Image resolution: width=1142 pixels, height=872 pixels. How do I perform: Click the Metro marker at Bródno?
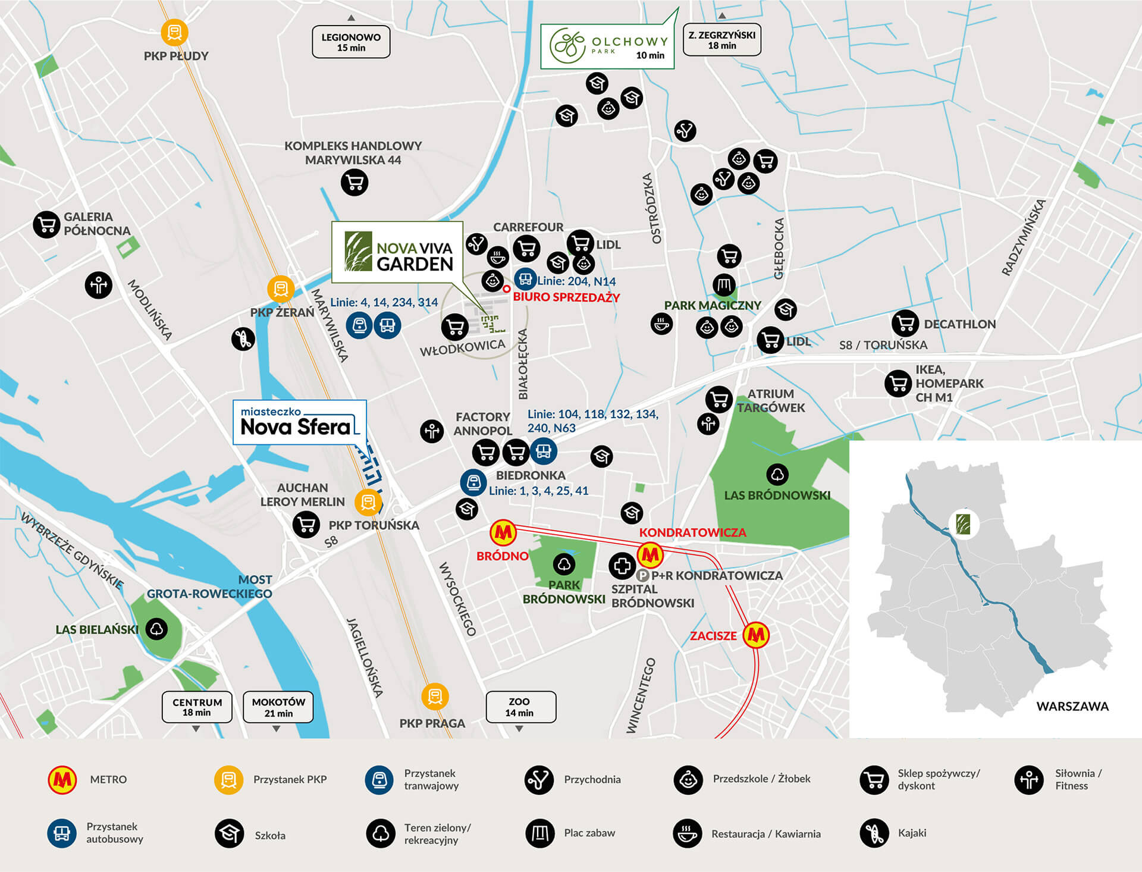503,532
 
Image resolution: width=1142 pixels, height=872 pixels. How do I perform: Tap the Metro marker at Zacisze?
756,635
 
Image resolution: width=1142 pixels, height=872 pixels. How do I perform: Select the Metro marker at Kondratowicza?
650,555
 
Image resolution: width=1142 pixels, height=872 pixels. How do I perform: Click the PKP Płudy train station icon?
174,32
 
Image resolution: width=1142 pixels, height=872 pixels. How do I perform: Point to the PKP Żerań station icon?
281,289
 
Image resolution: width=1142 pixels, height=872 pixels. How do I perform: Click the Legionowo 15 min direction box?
351,42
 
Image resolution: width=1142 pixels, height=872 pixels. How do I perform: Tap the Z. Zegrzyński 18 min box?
721,40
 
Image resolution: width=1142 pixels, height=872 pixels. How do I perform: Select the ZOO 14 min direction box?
520,707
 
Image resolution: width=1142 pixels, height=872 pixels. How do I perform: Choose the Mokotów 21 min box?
278,707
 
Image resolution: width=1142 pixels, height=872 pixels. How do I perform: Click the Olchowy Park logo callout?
607,46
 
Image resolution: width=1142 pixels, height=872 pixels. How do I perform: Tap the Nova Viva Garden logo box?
397,252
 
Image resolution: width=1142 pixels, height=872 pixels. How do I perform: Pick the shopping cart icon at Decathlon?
905,324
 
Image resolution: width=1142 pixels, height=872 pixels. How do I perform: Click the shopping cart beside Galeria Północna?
46,224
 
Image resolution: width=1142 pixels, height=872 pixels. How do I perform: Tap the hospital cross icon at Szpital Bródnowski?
622,566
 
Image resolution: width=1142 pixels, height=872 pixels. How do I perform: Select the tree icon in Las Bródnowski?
777,475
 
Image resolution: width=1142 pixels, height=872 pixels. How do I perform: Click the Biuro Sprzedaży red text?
566,297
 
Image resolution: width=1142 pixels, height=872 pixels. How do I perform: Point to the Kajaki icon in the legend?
874,833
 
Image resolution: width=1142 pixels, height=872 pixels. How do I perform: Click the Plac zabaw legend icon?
539,833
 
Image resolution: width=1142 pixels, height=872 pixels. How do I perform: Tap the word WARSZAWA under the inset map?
1072,706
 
